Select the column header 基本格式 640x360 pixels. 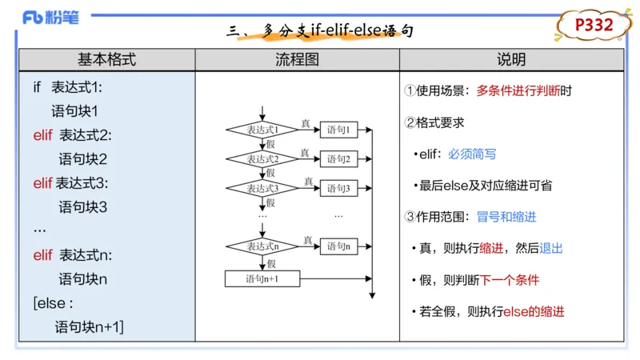point(106,60)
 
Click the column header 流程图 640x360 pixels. point(297,60)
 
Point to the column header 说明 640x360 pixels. point(511,60)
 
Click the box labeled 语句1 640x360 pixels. point(339,130)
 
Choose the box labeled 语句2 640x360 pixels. point(339,159)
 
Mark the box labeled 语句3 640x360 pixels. point(339,189)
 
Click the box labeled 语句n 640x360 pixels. point(339,246)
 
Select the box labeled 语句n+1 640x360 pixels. point(262,278)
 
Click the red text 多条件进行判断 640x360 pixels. point(518,91)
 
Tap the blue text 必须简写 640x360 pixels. point(472,154)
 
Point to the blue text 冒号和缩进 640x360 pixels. point(506,217)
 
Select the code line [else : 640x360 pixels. point(54,303)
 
